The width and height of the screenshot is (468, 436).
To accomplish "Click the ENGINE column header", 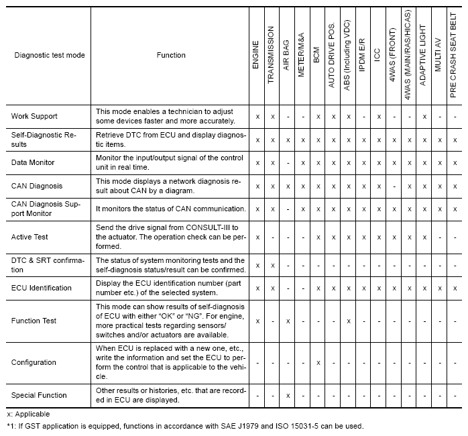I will tap(257, 55).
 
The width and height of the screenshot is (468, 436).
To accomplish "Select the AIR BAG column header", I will tap(286, 55).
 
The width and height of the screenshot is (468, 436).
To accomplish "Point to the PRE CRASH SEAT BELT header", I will tap(455, 55).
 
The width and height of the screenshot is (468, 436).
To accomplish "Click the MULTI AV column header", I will tap(438, 55).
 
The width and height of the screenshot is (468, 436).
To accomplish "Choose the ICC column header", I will tap(378, 55).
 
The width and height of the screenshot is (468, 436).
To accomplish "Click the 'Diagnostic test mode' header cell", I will tap(49, 55).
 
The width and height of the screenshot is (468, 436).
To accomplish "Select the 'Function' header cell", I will tap(170, 55).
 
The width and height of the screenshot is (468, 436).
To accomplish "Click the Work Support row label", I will tap(34, 116).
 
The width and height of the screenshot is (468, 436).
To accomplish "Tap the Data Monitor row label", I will tap(33, 163).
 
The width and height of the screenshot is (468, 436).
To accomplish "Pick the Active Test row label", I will tap(30, 237).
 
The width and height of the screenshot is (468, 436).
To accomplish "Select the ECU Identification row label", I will tap(42, 288).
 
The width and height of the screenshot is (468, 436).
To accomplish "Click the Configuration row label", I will tap(34, 362).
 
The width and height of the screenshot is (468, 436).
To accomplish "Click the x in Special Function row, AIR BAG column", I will tap(287, 396).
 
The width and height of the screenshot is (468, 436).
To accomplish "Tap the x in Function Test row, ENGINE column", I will tap(257, 321).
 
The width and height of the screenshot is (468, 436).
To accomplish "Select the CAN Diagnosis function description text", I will tap(172, 186).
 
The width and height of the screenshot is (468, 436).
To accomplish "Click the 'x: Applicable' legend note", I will tap(28, 415).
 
